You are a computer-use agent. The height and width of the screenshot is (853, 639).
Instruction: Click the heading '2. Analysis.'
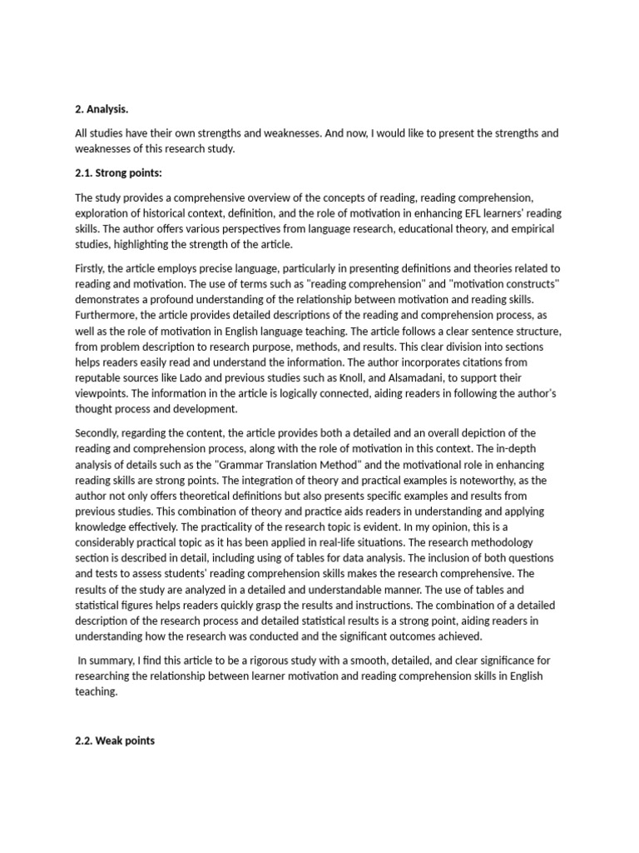pos(102,108)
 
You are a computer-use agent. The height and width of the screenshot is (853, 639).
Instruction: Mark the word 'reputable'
pos(102,379)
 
